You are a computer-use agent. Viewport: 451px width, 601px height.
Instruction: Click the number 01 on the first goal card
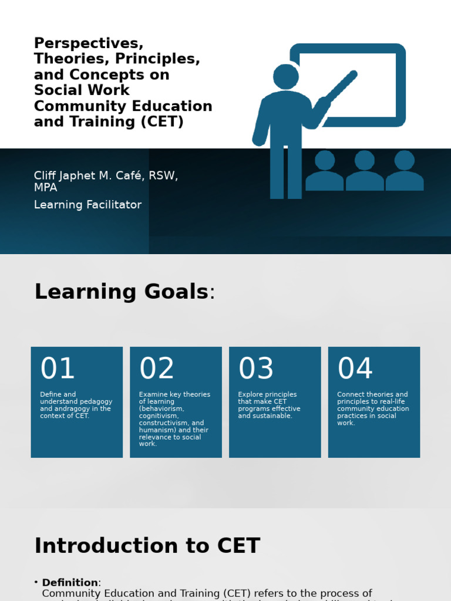[x=58, y=369]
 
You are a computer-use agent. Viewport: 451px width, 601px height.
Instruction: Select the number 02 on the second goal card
[x=157, y=369]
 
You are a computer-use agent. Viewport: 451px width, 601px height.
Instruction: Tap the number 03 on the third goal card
[x=256, y=369]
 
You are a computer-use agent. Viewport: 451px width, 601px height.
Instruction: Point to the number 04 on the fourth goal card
[x=355, y=369]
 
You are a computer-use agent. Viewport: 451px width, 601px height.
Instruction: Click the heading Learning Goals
[x=121, y=292]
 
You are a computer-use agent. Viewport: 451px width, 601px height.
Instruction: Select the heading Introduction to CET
[x=147, y=546]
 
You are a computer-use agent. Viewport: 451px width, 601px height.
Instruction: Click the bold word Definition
[x=70, y=583]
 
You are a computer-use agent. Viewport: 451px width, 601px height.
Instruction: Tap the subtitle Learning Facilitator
[x=87, y=205]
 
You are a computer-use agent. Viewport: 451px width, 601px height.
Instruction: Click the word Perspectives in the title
[x=89, y=44]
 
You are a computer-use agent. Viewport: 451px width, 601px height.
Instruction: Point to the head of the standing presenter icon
[x=286, y=76]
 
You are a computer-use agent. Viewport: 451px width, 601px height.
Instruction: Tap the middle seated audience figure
[x=365, y=171]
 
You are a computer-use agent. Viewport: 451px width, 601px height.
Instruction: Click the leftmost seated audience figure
[x=325, y=171]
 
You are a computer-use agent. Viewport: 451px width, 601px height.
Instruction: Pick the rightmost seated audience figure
[x=405, y=171]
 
